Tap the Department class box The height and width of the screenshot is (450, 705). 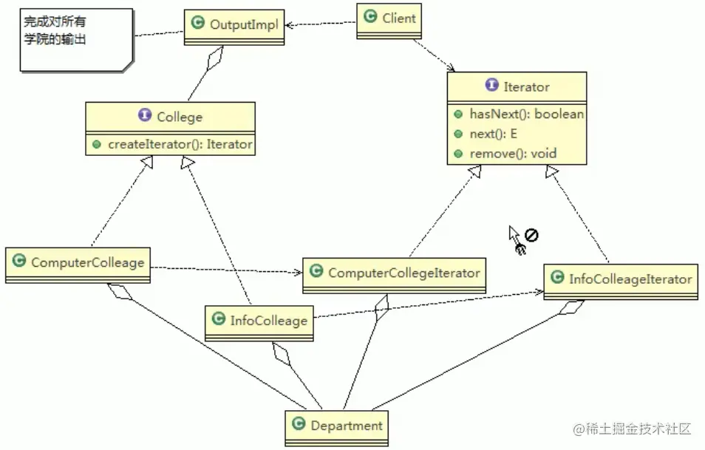[336, 426]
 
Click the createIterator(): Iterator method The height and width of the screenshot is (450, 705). [180, 144]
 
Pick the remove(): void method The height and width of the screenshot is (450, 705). [513, 154]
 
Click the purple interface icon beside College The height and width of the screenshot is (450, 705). [145, 116]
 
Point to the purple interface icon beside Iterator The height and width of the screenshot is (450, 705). [491, 86]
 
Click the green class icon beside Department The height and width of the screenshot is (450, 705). [299, 425]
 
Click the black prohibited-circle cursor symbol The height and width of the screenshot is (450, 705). [531, 236]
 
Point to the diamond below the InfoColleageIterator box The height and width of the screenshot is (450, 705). [570, 308]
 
